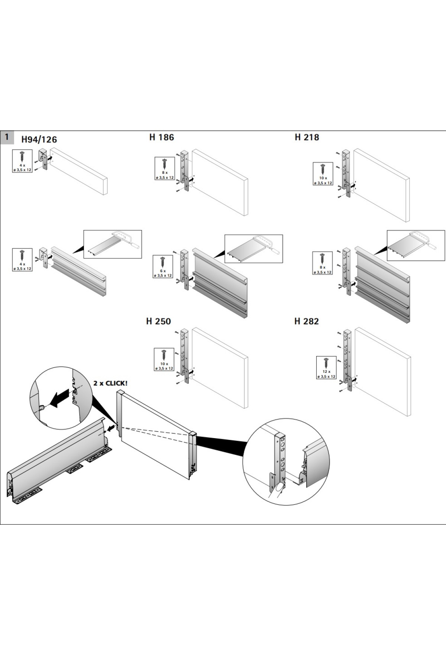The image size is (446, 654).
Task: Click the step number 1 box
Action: [x=7, y=137]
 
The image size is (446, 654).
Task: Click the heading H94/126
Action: [x=39, y=140]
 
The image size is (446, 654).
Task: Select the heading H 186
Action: [x=161, y=137]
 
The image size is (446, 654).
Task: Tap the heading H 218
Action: [x=307, y=137]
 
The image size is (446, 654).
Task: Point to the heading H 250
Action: [x=158, y=321]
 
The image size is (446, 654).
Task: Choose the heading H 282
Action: [x=306, y=321]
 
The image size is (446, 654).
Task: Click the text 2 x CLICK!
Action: [x=110, y=383]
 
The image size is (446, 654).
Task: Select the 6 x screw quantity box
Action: [x=163, y=267]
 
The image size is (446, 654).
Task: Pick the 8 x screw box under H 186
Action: [x=165, y=168]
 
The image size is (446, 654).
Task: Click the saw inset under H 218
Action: [x=416, y=245]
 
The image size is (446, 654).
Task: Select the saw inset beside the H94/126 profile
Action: [x=112, y=244]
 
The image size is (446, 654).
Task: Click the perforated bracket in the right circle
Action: [x=281, y=457]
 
